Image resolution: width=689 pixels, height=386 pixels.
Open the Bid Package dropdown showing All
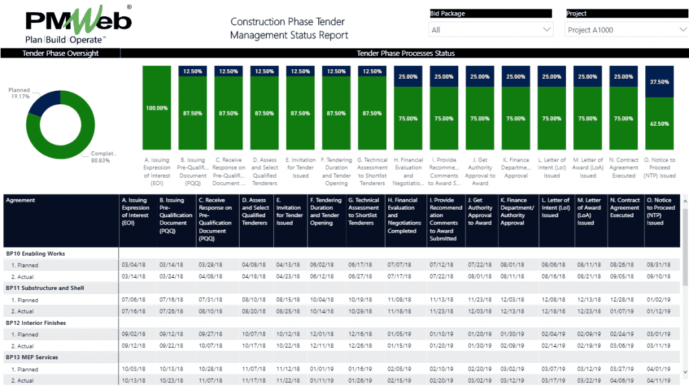point(491,30)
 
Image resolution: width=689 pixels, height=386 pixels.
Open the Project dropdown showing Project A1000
point(626,30)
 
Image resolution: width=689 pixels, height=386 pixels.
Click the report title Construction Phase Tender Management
point(289,28)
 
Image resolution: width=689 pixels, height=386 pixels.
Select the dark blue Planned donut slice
point(42,108)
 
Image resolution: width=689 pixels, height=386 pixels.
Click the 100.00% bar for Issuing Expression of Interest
point(156,108)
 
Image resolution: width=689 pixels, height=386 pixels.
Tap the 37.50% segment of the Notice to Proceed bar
point(659,81)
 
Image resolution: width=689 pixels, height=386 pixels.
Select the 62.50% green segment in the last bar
point(659,124)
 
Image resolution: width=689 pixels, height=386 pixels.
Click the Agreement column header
point(21,200)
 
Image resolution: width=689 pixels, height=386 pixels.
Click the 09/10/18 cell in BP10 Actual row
point(659,276)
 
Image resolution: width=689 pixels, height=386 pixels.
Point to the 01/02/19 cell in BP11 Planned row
point(659,300)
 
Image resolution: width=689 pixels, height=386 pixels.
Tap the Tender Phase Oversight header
point(61,53)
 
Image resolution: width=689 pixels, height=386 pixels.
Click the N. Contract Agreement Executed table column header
point(624,208)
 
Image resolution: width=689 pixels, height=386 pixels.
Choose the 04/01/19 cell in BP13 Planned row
point(659,369)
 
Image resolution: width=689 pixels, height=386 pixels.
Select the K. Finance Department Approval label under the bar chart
point(515,167)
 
